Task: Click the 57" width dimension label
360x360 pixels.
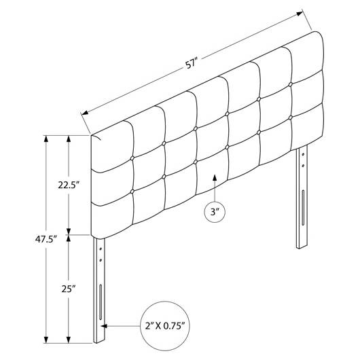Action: tap(192, 64)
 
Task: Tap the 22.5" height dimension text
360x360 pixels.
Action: tap(69, 185)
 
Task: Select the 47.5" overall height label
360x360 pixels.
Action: tap(46, 239)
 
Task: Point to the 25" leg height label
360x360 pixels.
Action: tap(69, 289)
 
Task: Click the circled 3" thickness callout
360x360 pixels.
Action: tap(215, 212)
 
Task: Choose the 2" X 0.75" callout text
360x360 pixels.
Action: tap(165, 325)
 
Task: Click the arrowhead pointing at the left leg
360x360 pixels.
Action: tap(104, 326)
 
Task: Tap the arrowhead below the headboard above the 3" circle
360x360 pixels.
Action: tap(215, 178)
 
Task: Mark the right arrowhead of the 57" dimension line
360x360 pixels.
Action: tap(300, 14)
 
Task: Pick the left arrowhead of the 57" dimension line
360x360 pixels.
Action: tap(85, 113)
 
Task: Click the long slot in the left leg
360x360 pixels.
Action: tap(101, 302)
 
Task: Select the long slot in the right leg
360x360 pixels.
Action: tap(303, 208)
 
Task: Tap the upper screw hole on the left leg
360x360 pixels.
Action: tap(101, 249)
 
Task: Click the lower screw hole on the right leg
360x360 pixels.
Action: tap(303, 165)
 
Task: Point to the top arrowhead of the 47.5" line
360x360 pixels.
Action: tap(46, 139)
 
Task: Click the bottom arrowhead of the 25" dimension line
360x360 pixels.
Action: tap(69, 340)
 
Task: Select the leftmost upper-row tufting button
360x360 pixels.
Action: tap(132, 158)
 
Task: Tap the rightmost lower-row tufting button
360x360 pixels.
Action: tap(291, 118)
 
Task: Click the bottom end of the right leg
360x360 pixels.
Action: tap(302, 247)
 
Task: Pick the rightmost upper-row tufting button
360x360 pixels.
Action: tap(291, 84)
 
